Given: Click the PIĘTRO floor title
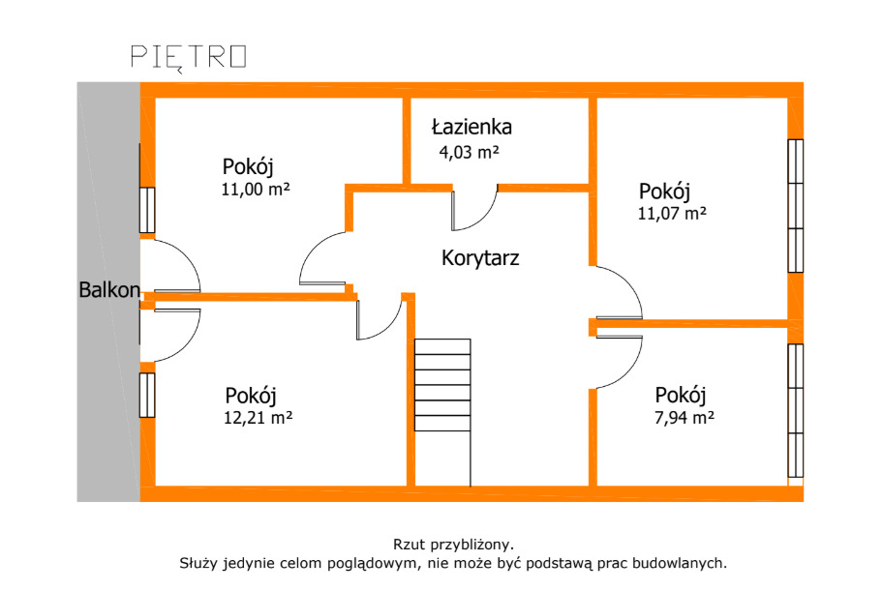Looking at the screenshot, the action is tap(189, 58).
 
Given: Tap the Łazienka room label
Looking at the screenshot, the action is tap(471, 127).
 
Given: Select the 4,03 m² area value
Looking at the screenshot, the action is tap(469, 152).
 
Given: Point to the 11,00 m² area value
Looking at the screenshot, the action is tap(256, 189).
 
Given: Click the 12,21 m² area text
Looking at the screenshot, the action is tap(259, 418).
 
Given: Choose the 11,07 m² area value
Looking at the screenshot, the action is tap(672, 214).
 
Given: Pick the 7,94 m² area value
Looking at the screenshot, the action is tap(684, 418).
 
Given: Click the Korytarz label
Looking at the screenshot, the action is tap(480, 258).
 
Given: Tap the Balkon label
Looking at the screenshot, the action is tap(109, 290).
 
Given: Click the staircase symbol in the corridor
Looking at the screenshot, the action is tap(442, 385).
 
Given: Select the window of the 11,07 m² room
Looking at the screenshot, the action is tap(796, 206).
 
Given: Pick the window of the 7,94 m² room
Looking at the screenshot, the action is tap(796, 411).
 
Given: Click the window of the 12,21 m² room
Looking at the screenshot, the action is tap(147, 395).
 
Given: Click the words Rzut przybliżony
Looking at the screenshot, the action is tap(453, 545).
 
